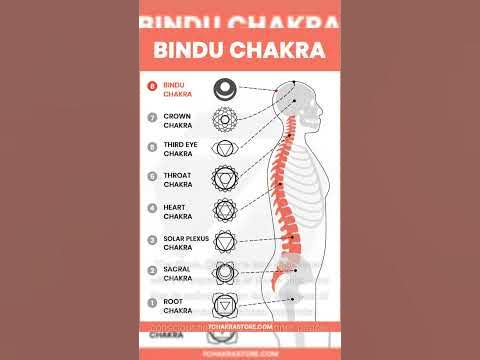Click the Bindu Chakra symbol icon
(227, 88)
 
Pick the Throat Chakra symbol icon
(227, 179)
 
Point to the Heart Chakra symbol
(227, 210)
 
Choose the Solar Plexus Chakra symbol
(227, 241)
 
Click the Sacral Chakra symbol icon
(227, 271)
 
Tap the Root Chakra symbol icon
(227, 302)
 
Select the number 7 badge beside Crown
(152, 117)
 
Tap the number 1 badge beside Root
(152, 302)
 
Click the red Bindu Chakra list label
(177, 88)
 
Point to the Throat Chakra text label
(179, 179)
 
